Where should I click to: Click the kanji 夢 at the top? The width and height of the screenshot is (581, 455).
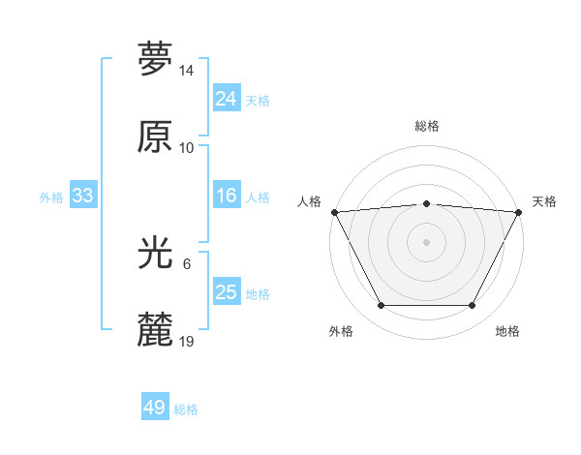click(x=155, y=59)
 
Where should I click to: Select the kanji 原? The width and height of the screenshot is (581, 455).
click(x=155, y=136)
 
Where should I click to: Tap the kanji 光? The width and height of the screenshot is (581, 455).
click(x=155, y=253)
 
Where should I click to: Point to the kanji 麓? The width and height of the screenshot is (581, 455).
click(x=155, y=330)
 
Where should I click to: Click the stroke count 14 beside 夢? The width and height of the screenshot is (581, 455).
click(x=187, y=71)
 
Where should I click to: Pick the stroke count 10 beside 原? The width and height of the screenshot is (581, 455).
click(x=187, y=148)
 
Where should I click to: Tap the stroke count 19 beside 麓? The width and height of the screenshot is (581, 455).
click(x=187, y=342)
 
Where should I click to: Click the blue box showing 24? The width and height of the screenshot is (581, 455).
click(x=226, y=99)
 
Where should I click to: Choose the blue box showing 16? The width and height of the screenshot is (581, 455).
click(x=226, y=196)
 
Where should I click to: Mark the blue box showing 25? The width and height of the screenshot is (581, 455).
click(x=226, y=292)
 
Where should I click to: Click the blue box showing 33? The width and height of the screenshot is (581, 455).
click(x=82, y=196)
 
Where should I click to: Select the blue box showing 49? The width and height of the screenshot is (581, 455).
click(x=155, y=408)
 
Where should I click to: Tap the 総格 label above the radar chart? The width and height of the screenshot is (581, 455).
click(x=427, y=126)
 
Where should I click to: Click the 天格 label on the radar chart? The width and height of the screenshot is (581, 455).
click(x=544, y=201)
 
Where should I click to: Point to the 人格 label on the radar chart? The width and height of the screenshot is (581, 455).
click(x=309, y=201)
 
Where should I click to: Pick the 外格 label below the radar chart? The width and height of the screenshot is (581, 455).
click(x=341, y=331)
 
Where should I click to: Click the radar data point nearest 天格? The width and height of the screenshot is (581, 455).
click(x=520, y=211)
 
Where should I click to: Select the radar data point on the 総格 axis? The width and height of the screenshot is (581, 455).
click(x=426, y=203)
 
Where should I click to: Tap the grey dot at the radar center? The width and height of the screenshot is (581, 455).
click(x=426, y=241)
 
